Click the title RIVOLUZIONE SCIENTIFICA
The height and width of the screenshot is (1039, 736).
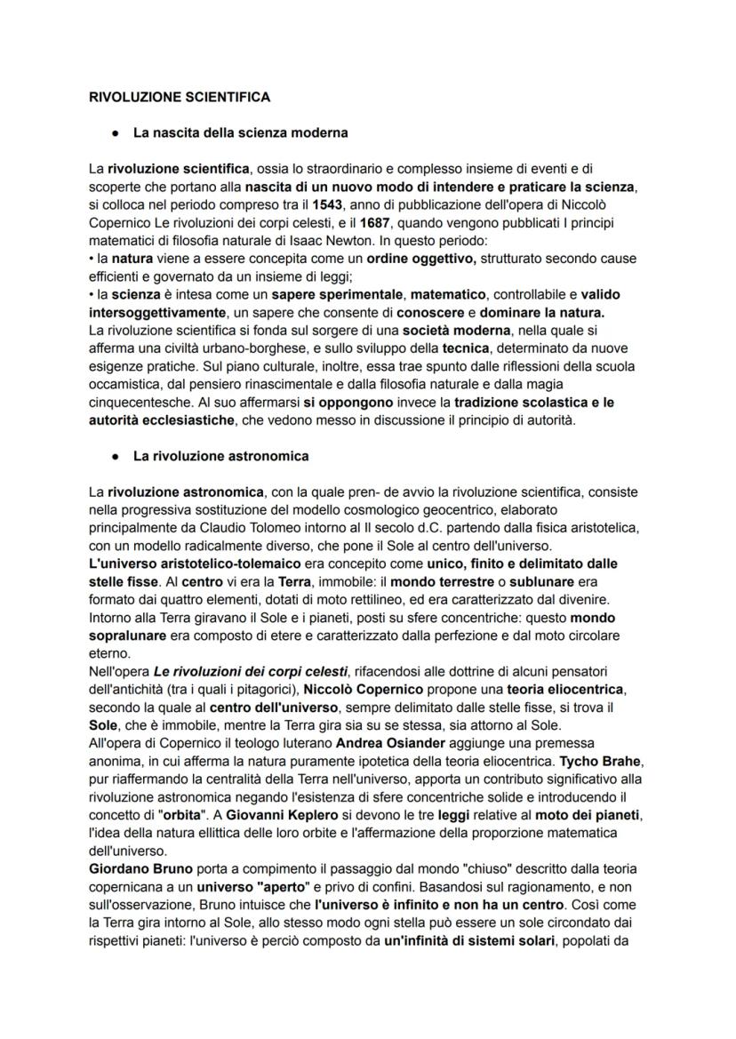[180, 96]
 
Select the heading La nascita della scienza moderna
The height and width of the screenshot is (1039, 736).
[240, 133]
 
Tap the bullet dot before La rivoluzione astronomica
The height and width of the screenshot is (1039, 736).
[116, 456]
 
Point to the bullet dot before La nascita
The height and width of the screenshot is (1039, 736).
[116, 133]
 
